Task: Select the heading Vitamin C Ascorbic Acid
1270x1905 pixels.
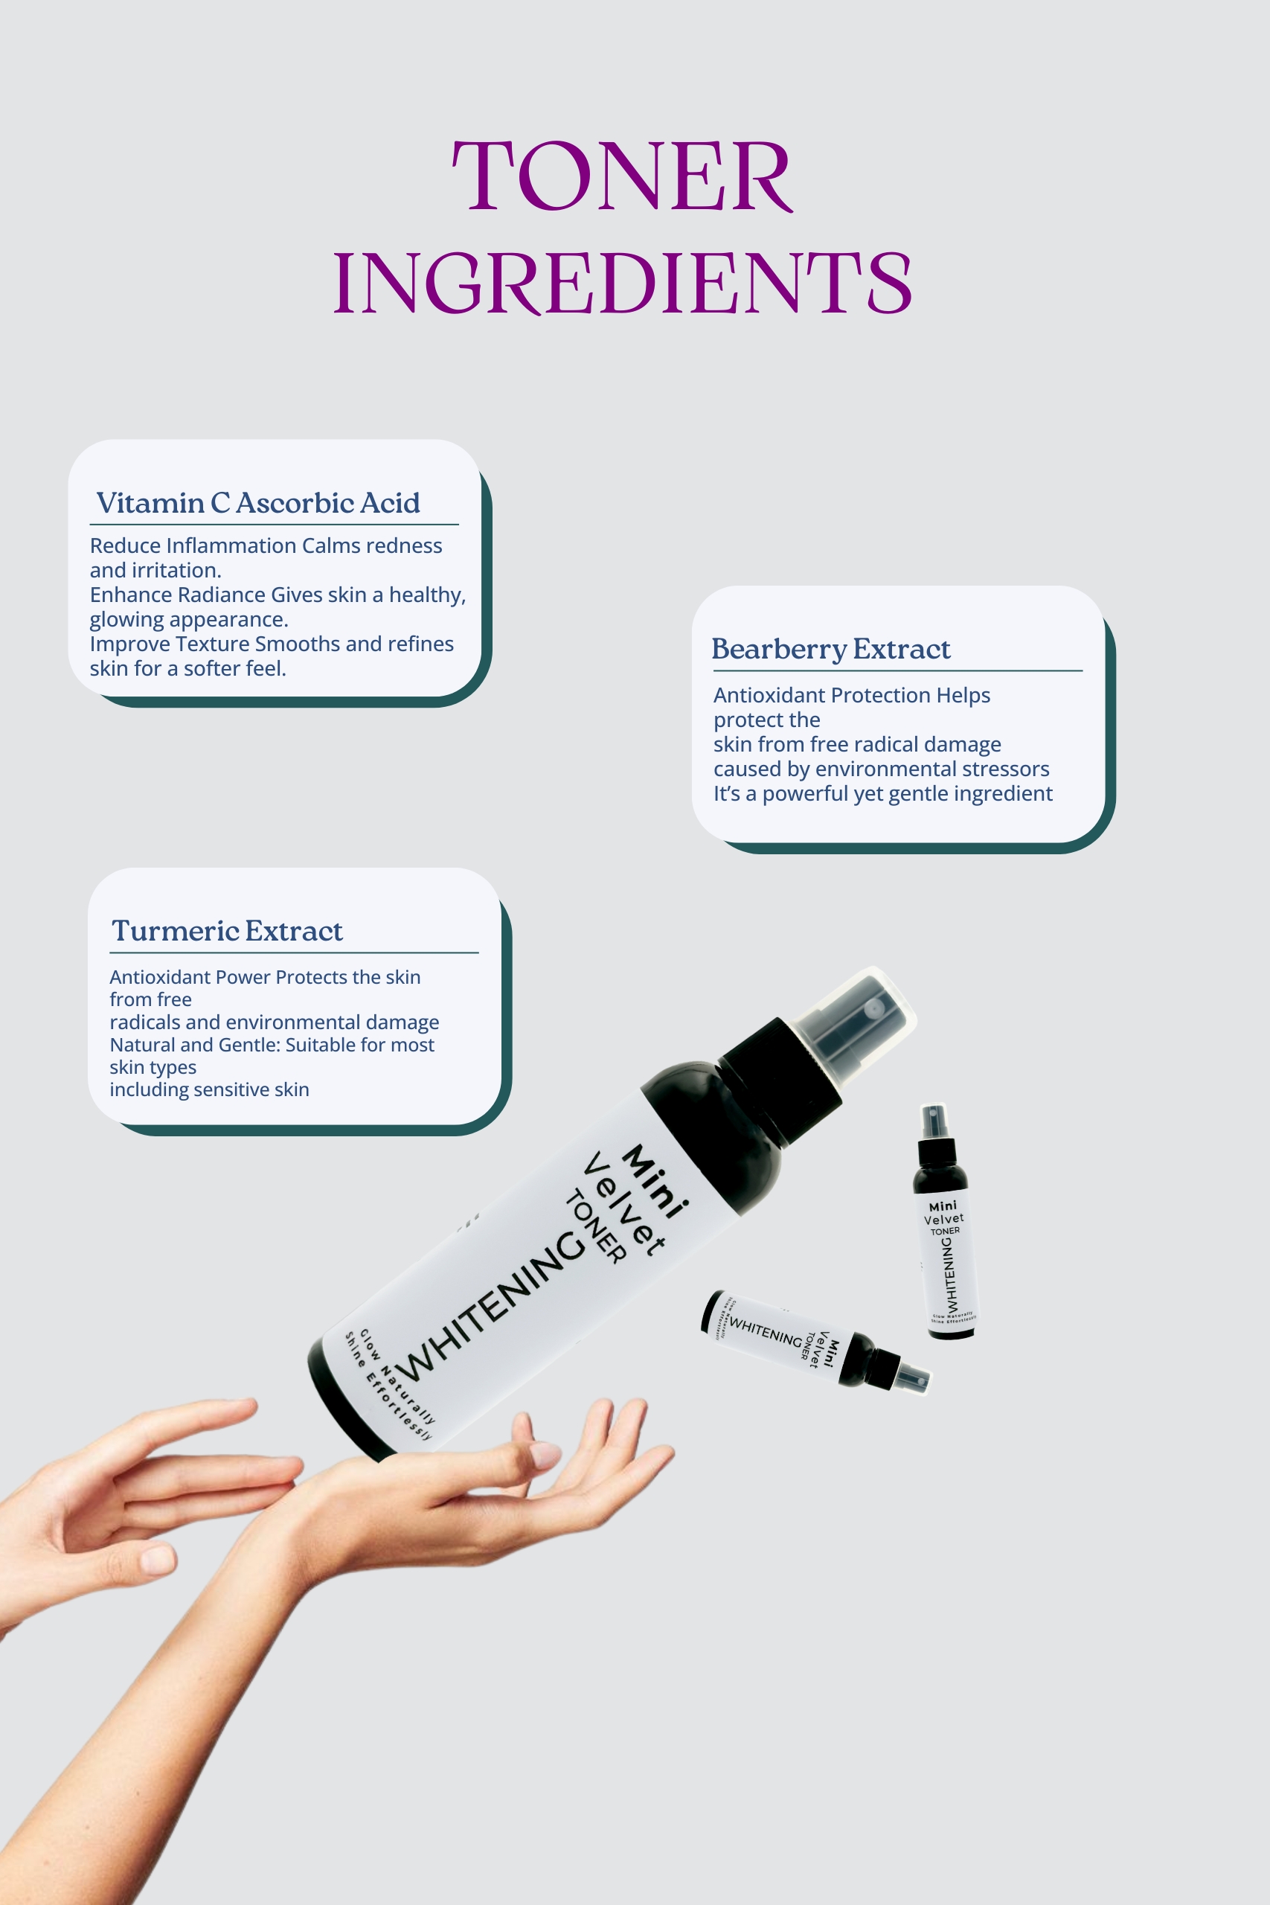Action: tap(257, 503)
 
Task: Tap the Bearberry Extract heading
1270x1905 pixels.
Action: tap(830, 649)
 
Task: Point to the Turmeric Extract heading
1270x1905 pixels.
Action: tap(227, 931)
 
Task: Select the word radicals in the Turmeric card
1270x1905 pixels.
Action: tap(144, 1022)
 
